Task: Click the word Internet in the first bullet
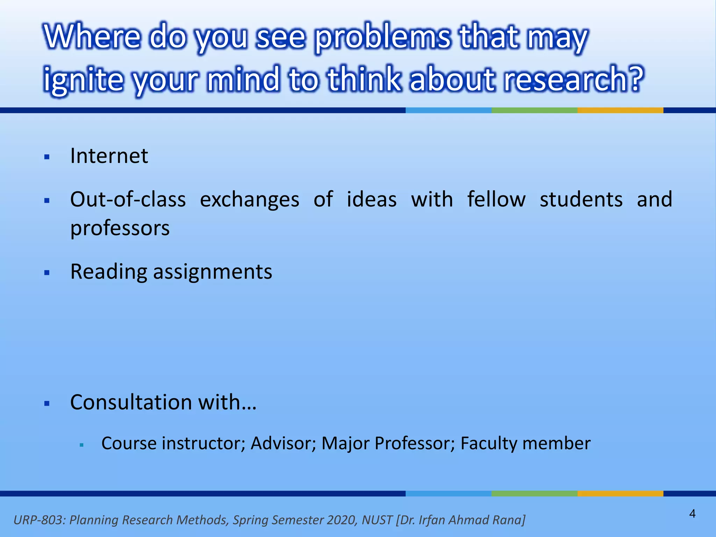pyautogui.click(x=109, y=156)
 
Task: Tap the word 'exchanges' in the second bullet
pyautogui.click(x=249, y=200)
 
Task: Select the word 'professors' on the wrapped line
pyautogui.click(x=120, y=229)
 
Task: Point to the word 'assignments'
pyautogui.click(x=213, y=272)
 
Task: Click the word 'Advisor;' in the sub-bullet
pyautogui.click(x=284, y=443)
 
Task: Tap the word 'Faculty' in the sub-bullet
pyautogui.click(x=488, y=443)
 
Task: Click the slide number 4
pyautogui.click(x=692, y=514)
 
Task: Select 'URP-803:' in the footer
pyautogui.click(x=40, y=520)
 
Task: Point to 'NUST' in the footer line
pyautogui.click(x=377, y=520)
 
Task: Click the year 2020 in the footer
pyautogui.click(x=341, y=520)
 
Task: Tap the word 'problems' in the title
pyautogui.click(x=382, y=38)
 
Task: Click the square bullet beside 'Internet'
pyautogui.click(x=47, y=157)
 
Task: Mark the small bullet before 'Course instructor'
pyautogui.click(x=82, y=445)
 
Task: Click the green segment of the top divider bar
pyautogui.click(x=534, y=110)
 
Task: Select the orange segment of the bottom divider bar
pyautogui.click(x=620, y=493)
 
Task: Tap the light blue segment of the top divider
pyautogui.click(x=448, y=110)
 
